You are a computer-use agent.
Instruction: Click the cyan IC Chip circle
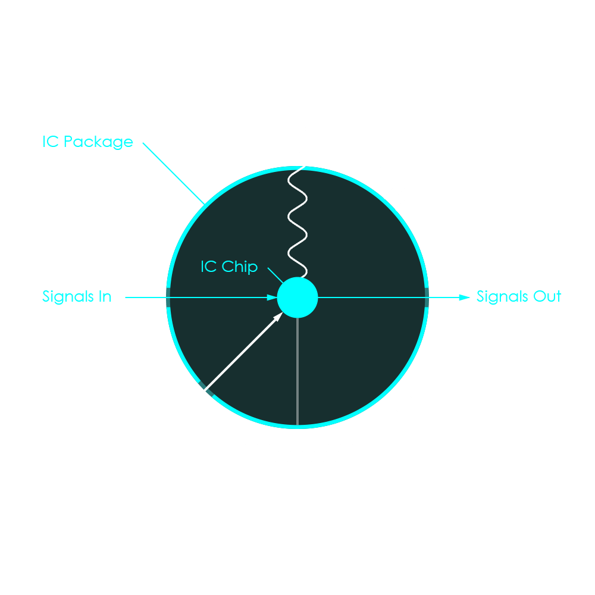pyautogui.click(x=297, y=297)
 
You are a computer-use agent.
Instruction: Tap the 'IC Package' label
pyautogui.click(x=87, y=142)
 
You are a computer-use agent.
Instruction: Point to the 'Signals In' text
pyautogui.click(x=77, y=296)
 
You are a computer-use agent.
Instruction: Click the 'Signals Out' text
pyautogui.click(x=519, y=296)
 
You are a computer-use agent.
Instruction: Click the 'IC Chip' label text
pyautogui.click(x=229, y=267)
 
